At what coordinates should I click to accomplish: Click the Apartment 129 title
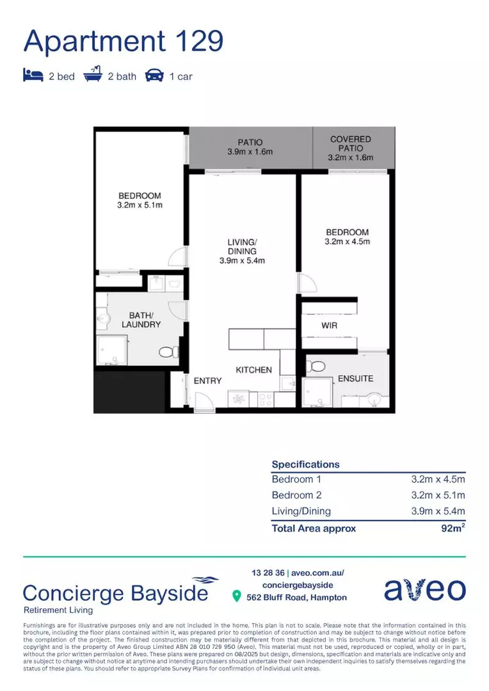click(124, 41)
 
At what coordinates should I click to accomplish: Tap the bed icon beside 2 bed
click(33, 76)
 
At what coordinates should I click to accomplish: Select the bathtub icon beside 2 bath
click(93, 75)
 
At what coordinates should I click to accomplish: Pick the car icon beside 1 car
click(154, 76)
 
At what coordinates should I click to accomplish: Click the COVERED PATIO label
click(350, 148)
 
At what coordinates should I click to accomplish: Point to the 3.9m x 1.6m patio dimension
click(250, 152)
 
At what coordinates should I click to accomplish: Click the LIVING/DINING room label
click(242, 251)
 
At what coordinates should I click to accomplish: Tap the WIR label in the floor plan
click(329, 326)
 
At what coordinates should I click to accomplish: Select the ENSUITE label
click(355, 378)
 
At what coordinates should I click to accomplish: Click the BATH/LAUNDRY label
click(141, 320)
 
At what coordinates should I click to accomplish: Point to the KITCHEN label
click(253, 370)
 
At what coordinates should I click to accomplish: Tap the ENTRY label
click(207, 381)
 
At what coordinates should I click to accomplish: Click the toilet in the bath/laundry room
click(168, 352)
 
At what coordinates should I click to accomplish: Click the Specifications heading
click(305, 465)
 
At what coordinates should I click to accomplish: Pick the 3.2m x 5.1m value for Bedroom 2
click(438, 495)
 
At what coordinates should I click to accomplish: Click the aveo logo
click(425, 589)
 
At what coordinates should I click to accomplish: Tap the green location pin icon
click(237, 597)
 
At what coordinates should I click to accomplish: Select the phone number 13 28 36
click(268, 573)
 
